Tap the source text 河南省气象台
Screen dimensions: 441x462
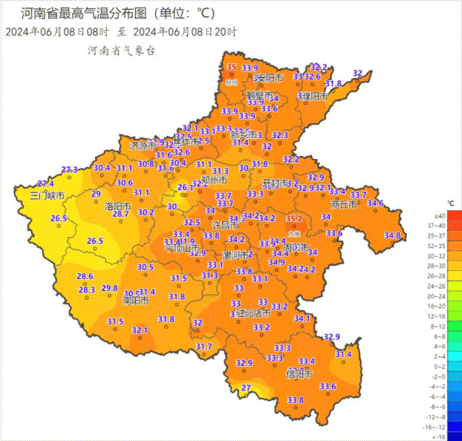(121, 51)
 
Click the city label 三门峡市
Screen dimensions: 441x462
(47, 196)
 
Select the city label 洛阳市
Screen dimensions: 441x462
(118, 206)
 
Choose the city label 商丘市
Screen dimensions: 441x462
(344, 205)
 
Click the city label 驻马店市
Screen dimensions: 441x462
(253, 313)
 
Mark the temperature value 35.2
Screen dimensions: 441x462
(294, 218)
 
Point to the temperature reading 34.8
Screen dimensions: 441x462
(392, 235)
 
